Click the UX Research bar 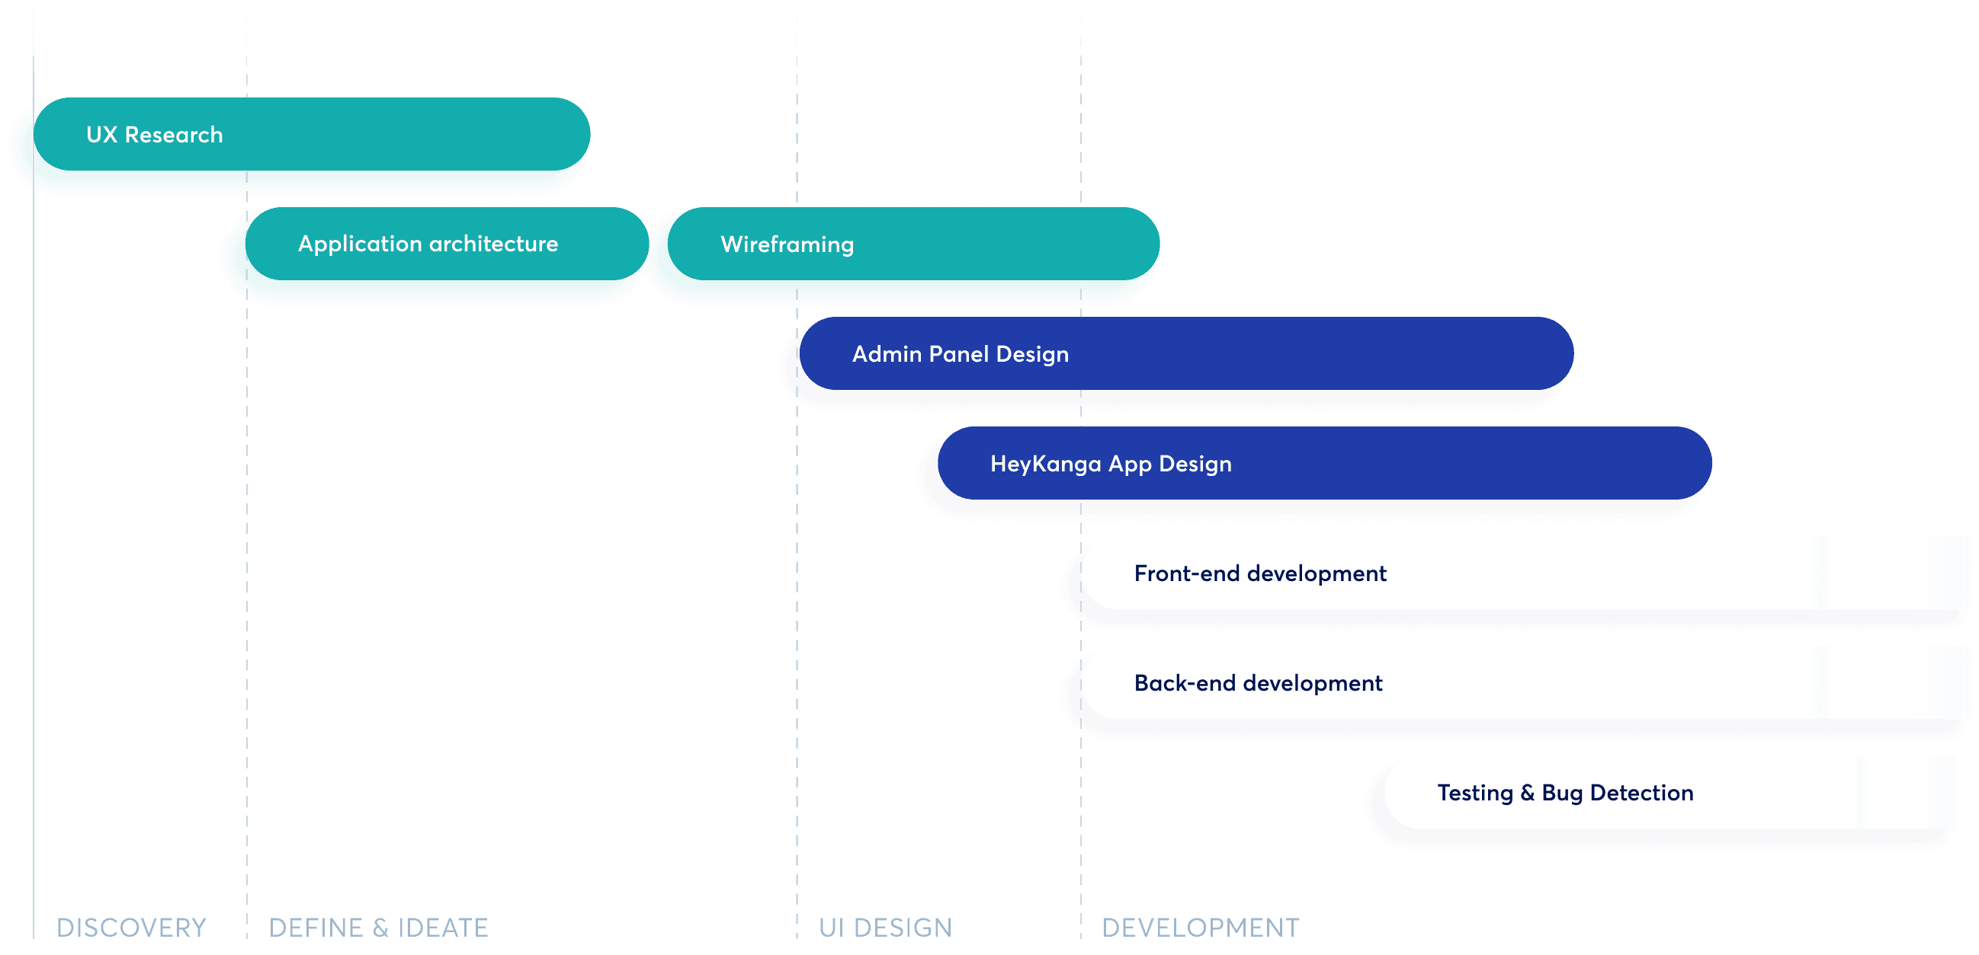pyautogui.click(x=311, y=133)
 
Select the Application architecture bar pyautogui.click(x=447, y=244)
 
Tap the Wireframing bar pyautogui.click(x=913, y=244)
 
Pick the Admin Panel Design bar pyautogui.click(x=1186, y=353)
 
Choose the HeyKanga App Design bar pyautogui.click(x=1324, y=463)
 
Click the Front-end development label pyautogui.click(x=1260, y=573)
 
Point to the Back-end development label pyautogui.click(x=1258, y=683)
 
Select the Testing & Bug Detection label pyautogui.click(x=1565, y=793)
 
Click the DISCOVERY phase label pyautogui.click(x=131, y=928)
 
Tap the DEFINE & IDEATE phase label pyautogui.click(x=378, y=928)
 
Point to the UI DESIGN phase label pyautogui.click(x=885, y=928)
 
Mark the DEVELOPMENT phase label pyautogui.click(x=1200, y=928)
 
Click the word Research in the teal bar pyautogui.click(x=174, y=134)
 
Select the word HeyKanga pyautogui.click(x=1046, y=464)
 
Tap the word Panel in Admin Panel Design pyautogui.click(x=959, y=354)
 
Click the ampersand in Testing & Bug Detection pyautogui.click(x=1527, y=793)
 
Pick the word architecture pyautogui.click(x=493, y=244)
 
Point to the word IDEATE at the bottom pyautogui.click(x=442, y=928)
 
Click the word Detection pyautogui.click(x=1642, y=793)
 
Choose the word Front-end pyautogui.click(x=1187, y=573)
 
